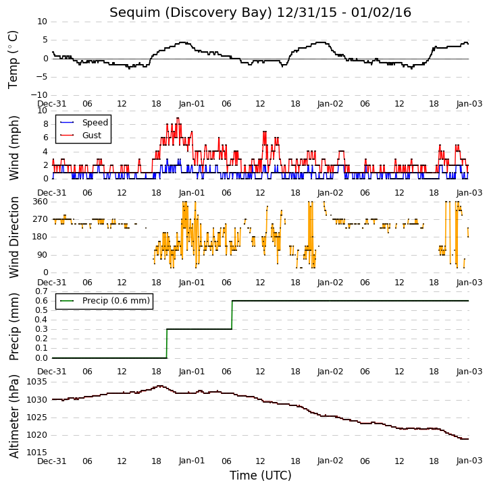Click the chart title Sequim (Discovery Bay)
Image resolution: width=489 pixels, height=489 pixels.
pos(191,13)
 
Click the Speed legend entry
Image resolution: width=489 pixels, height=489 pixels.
pos(84,123)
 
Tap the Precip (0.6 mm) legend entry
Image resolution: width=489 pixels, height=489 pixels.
pos(105,301)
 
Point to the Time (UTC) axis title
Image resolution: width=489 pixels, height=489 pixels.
pos(261,476)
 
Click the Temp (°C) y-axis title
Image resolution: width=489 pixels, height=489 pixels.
pos(13,59)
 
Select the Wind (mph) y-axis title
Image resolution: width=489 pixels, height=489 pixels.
pos(14,148)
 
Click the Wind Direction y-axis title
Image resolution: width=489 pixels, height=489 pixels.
pos(14,237)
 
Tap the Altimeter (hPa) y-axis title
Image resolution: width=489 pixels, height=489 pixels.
pos(14,417)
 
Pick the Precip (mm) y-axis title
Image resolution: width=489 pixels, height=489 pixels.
pos(14,327)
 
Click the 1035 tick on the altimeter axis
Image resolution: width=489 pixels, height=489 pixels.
pos(37,382)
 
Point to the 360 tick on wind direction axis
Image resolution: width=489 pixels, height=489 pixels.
pos(41,202)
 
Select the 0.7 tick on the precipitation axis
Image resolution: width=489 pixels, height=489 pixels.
pos(41,291)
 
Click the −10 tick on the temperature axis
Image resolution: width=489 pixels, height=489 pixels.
pos(39,95)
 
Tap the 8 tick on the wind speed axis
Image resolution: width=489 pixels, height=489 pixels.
pos(45,124)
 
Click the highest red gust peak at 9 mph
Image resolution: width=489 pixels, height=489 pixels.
pos(178,118)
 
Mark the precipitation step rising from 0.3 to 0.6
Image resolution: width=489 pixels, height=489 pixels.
pos(232,315)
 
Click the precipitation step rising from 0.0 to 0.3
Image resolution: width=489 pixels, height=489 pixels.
pos(167,344)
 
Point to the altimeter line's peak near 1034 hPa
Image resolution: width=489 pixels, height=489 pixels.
pos(160,386)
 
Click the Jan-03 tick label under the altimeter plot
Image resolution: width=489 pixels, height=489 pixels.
pos(469,461)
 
